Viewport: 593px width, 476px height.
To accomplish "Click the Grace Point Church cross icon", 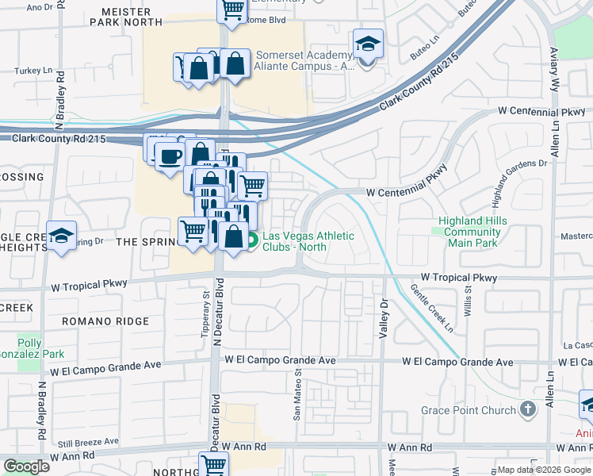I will pyautogui.click(x=528, y=410).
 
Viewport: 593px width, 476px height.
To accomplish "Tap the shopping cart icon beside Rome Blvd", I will pyautogui.click(x=232, y=10).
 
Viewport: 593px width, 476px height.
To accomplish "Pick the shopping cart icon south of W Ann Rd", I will pyautogui.click(x=212, y=465).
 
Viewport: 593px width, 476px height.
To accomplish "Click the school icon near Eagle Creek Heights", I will pyautogui.click(x=61, y=236).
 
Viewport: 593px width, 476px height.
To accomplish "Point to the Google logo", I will pyautogui.click(x=26, y=466).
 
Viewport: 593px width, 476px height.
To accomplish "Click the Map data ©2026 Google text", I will pyautogui.click(x=543, y=470).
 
